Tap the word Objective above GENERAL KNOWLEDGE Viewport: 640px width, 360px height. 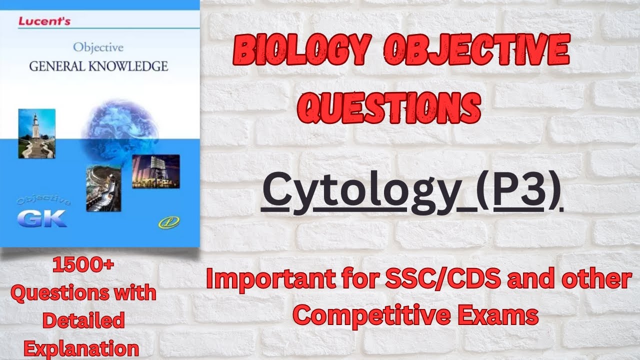pyautogui.click(x=98, y=48)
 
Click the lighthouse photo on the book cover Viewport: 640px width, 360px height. pyautogui.click(x=36, y=133)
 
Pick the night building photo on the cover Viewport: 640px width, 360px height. pyautogui.click(x=155, y=171)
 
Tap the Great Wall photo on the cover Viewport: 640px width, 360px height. pyautogui.click(x=103, y=187)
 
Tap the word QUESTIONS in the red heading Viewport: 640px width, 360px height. pyautogui.click(x=392, y=106)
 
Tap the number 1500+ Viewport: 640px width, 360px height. pyautogui.click(x=83, y=267)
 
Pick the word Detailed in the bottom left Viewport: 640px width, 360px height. pyautogui.click(x=83, y=320)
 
